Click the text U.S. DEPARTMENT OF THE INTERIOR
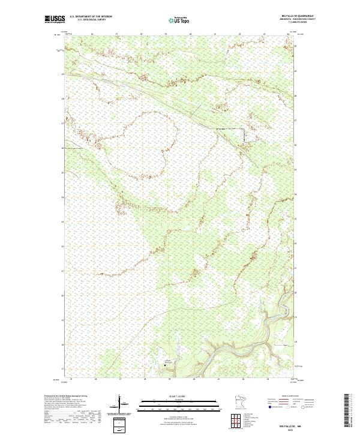click(91, 17)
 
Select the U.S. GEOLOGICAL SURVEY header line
click(91, 20)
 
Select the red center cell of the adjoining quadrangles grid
click(235, 421)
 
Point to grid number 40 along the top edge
click(191, 34)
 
